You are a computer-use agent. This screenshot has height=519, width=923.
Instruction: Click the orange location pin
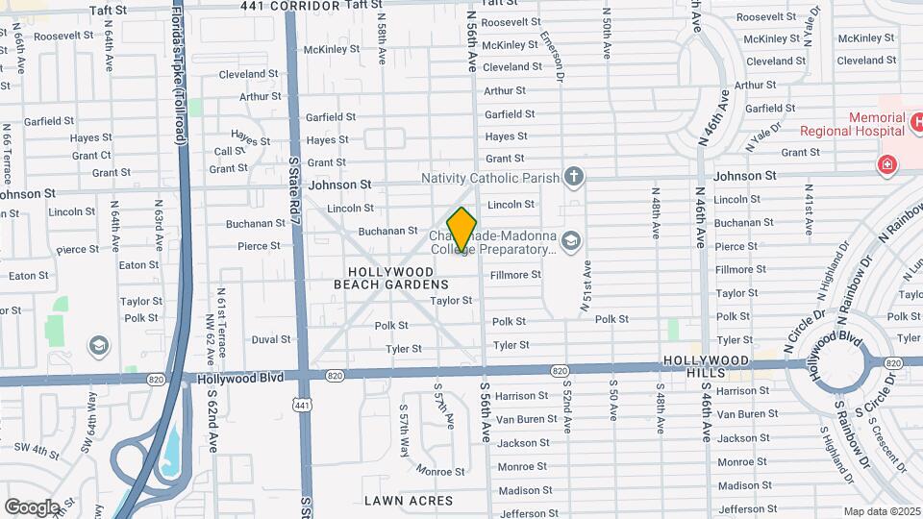tap(462, 230)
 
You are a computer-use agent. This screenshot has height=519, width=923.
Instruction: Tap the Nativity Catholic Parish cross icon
tap(574, 177)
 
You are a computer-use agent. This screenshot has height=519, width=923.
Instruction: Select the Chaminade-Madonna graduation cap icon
tap(571, 239)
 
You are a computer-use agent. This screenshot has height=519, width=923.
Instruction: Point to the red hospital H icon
tap(886, 164)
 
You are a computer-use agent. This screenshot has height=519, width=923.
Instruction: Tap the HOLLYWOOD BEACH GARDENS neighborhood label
tap(391, 278)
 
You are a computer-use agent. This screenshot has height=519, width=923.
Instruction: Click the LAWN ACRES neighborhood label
tap(409, 501)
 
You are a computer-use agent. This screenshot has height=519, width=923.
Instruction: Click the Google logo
tap(32, 507)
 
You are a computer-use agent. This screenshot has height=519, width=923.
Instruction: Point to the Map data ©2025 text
tap(882, 511)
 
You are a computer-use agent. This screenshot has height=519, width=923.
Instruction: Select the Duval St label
tap(270, 339)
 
